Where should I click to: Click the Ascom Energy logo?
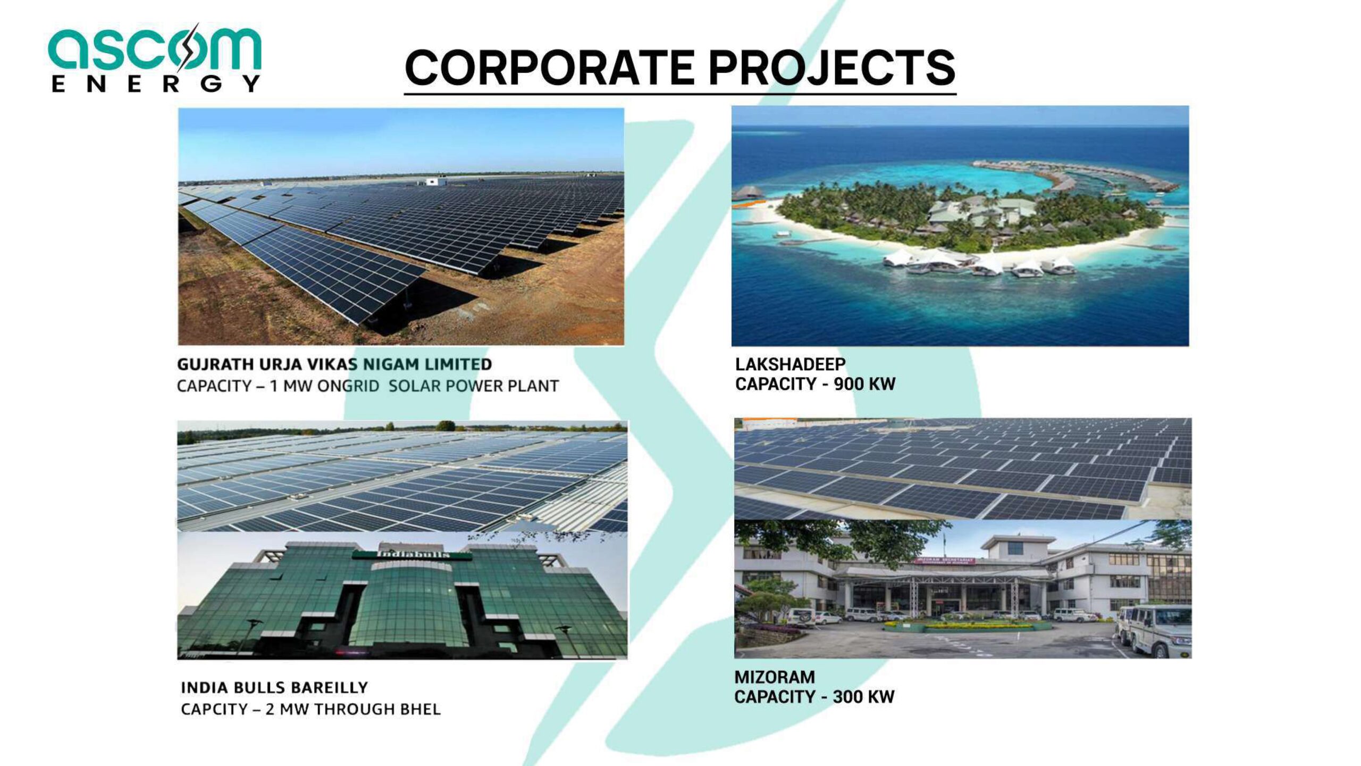(x=155, y=59)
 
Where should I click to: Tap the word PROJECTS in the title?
(x=832, y=68)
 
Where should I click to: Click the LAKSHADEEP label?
(x=790, y=364)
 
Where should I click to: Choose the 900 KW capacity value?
(x=864, y=384)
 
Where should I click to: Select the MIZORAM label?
(x=775, y=677)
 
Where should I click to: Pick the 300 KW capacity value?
(x=864, y=697)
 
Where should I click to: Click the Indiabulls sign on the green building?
(x=413, y=554)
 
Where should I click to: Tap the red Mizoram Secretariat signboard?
(x=944, y=560)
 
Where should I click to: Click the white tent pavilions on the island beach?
(x=978, y=264)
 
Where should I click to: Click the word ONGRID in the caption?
(x=348, y=386)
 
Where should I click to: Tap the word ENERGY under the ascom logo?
(x=156, y=84)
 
